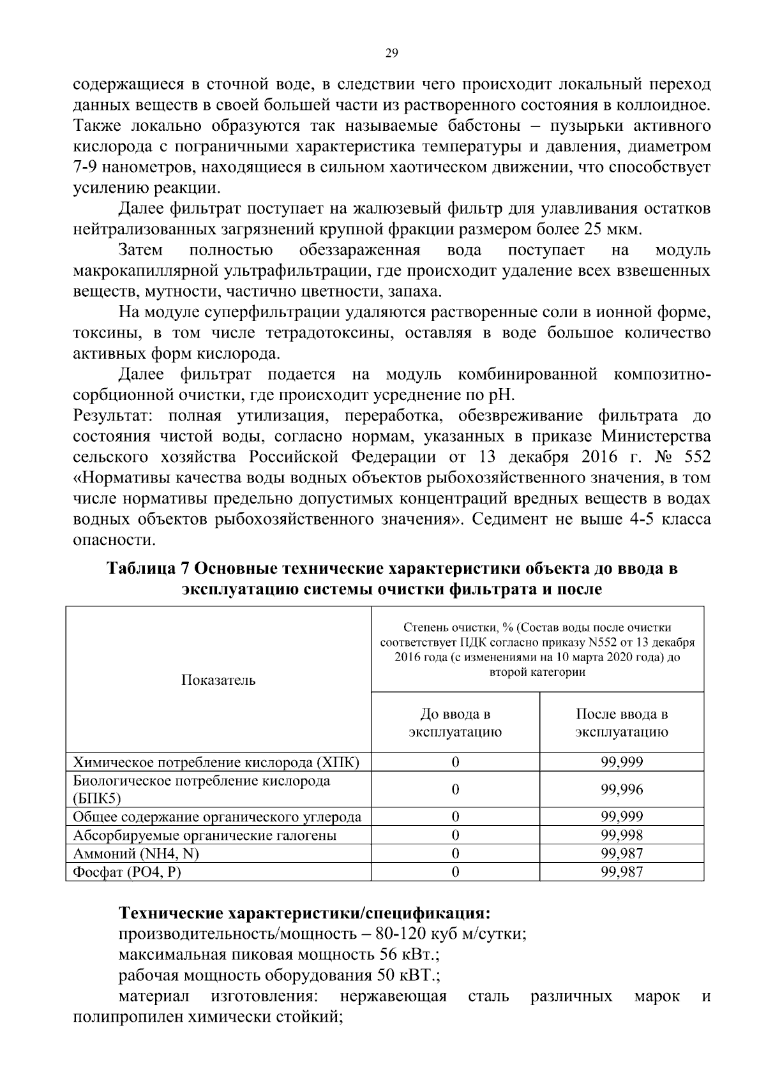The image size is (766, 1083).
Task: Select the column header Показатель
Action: click(x=218, y=680)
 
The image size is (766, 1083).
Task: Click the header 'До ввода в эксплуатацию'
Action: click(x=455, y=722)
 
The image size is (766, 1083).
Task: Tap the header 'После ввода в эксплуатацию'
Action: click(x=622, y=722)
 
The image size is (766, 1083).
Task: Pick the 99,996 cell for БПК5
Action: click(x=622, y=789)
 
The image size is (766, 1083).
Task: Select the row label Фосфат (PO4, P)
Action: click(x=128, y=872)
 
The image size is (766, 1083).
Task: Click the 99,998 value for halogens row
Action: click(x=622, y=835)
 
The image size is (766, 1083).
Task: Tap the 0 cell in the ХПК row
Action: click(x=455, y=762)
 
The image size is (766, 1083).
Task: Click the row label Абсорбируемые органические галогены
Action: click(x=205, y=835)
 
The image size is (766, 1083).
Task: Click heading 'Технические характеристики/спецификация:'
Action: click(x=305, y=913)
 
